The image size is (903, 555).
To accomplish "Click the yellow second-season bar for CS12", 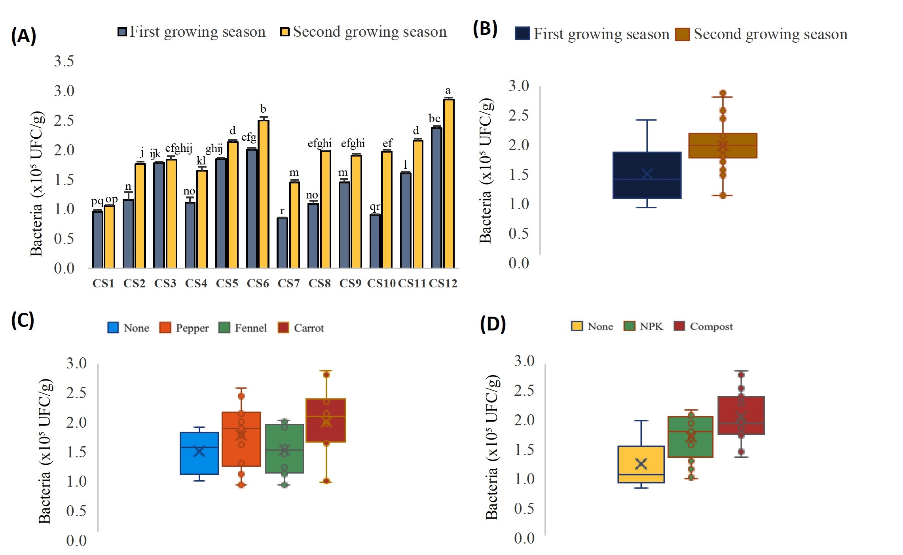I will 449,183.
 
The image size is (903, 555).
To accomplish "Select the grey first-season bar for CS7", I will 282,243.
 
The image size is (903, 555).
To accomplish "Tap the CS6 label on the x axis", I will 258,283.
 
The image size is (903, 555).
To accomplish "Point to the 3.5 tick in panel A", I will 64,61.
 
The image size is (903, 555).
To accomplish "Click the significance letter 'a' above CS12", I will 448,91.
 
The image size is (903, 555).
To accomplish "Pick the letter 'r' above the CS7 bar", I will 282,211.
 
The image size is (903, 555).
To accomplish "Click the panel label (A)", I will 23,36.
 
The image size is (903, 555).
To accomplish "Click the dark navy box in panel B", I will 647,175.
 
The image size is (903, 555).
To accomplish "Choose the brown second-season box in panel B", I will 723,146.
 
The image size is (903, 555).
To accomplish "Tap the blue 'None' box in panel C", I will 199,453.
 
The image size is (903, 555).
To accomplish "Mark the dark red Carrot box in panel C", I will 326,420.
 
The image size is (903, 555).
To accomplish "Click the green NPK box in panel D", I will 691,437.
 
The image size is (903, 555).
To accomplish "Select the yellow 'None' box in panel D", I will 641,464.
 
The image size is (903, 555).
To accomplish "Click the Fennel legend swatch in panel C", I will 224,328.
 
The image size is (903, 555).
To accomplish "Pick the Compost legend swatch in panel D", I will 679,326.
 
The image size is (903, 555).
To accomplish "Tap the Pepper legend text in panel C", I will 192,328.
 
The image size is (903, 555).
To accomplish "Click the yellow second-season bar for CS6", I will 264,194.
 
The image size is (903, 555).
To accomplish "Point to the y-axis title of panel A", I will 36,184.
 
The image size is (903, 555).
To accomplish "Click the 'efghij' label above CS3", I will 178,148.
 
